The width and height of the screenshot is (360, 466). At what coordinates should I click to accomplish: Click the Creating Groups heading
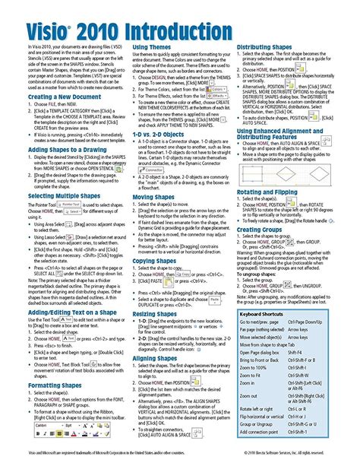[x=263, y=229]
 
